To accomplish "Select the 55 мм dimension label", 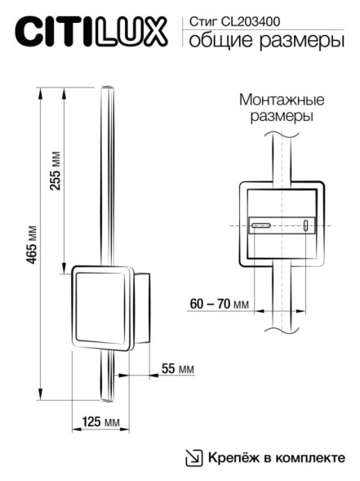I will [177, 369].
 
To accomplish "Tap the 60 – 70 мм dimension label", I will [219, 304].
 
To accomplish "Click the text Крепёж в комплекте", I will [276, 457].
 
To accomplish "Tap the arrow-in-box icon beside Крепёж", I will [193, 458].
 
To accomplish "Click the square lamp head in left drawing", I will [101, 307].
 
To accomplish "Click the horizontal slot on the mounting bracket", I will [263, 225].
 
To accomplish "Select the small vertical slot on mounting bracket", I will [306, 226].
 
